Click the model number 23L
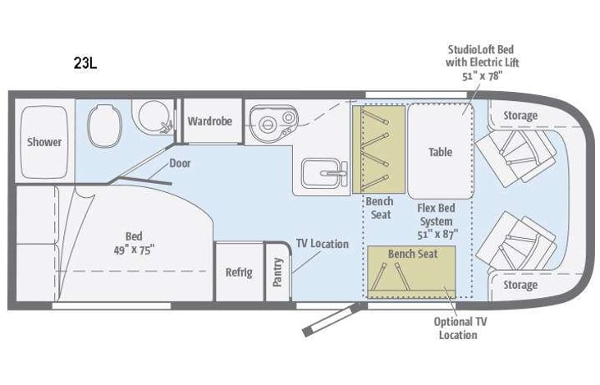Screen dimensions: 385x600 85,65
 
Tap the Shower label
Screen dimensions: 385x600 44,142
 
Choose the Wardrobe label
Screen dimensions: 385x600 210,121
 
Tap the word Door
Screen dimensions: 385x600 180,163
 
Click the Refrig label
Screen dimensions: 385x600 239,273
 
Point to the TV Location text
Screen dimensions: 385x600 323,244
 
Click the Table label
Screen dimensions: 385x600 441,152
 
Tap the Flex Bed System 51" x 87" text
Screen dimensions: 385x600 437,221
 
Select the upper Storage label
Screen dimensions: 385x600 520,116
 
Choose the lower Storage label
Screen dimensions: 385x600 520,285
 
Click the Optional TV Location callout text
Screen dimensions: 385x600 457,328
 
